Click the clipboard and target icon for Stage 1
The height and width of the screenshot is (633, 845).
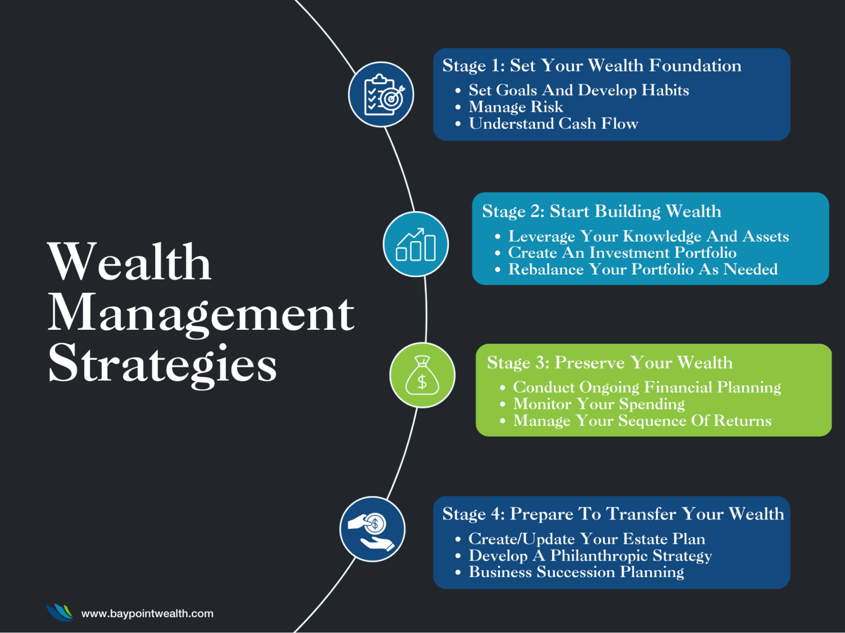(381, 94)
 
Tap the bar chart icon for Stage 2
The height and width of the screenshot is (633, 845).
(416, 245)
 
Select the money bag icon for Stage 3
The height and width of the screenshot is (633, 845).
(422, 375)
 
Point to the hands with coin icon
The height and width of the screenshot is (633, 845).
(372, 529)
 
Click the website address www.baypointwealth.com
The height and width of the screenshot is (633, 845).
(147, 614)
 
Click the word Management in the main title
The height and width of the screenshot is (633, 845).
(201, 314)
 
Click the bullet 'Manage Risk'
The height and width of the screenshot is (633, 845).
(516, 107)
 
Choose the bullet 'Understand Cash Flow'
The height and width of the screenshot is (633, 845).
(553, 124)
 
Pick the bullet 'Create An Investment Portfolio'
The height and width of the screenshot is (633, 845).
(622, 253)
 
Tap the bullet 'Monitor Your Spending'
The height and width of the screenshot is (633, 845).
(599, 404)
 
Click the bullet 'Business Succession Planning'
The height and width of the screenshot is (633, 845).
(576, 572)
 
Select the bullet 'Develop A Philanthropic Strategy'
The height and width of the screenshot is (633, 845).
(590, 556)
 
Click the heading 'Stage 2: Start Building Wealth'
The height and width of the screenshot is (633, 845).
(601, 211)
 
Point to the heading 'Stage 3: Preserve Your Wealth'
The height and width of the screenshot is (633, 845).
(609, 363)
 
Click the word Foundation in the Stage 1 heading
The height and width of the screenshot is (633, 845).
(695, 65)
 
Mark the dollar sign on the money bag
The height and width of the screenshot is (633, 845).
(422, 382)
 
